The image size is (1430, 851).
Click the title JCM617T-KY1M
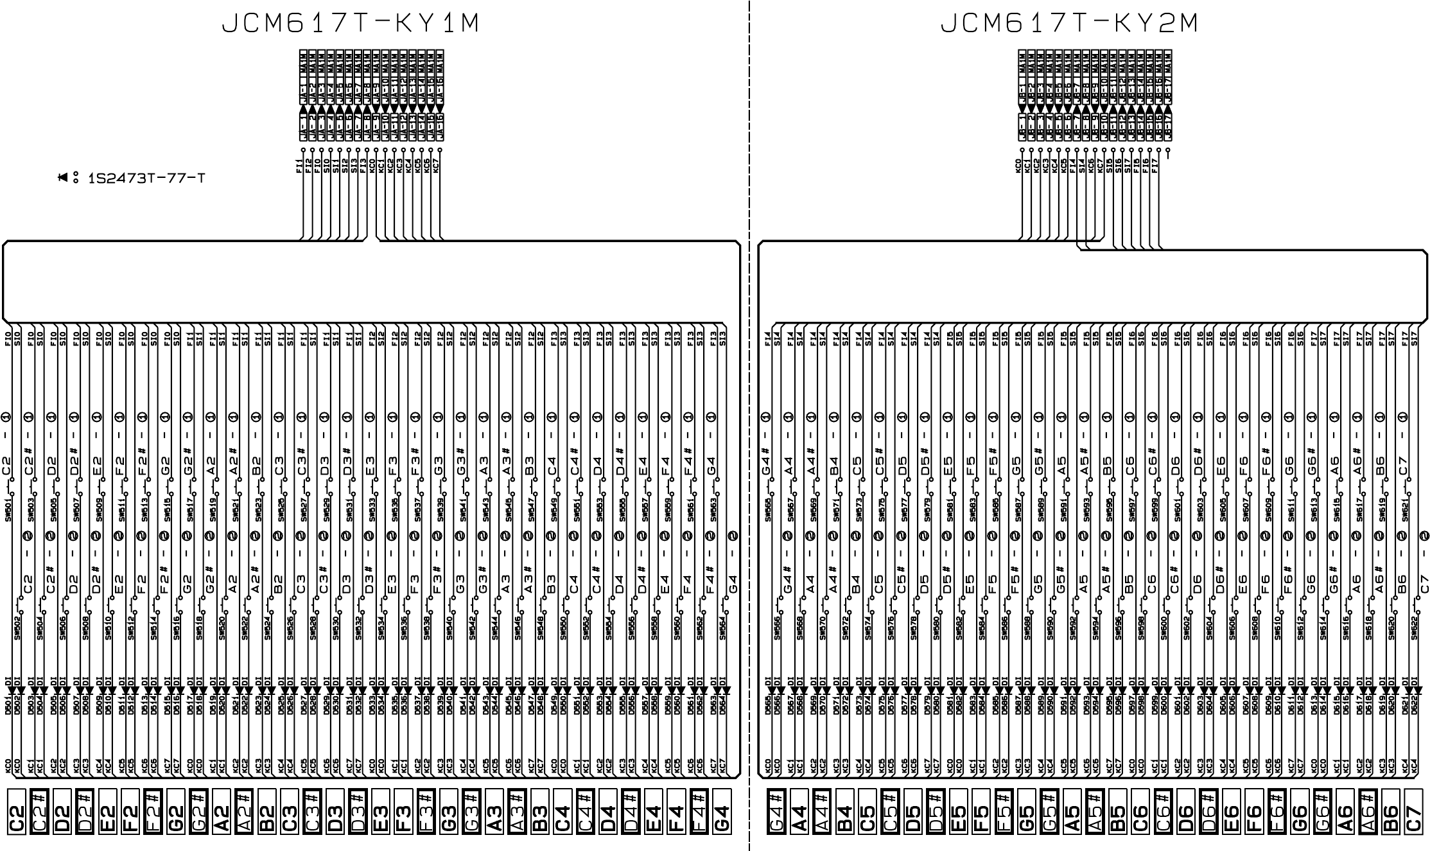pos(351,24)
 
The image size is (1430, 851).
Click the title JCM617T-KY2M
pos(1069,24)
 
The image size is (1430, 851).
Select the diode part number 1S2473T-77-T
pos(146,179)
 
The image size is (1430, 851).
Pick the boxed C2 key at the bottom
pos(16,822)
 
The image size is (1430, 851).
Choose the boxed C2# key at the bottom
pos(39,822)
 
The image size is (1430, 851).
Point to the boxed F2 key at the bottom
pos(130,822)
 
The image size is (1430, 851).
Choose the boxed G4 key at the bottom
pos(721,822)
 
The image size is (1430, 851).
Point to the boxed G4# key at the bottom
pos(776,822)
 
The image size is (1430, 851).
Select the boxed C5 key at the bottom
pos(867,822)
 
